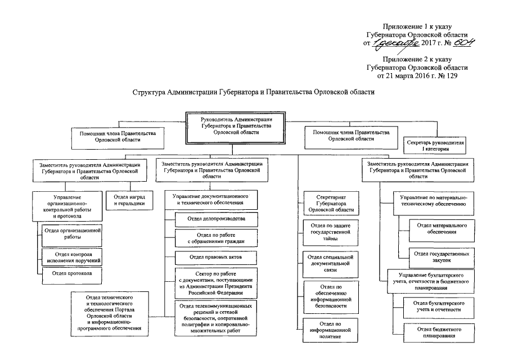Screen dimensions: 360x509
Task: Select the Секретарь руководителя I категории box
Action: coord(435,146)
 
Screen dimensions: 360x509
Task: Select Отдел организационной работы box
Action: coord(71,233)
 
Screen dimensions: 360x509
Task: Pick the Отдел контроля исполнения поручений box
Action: coord(71,257)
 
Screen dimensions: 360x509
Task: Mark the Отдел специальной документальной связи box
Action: coord(330,263)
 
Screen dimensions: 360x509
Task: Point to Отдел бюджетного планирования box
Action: coord(436,332)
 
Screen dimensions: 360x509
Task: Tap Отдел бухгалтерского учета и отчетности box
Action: coord(436,306)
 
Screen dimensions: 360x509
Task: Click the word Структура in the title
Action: coord(150,92)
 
